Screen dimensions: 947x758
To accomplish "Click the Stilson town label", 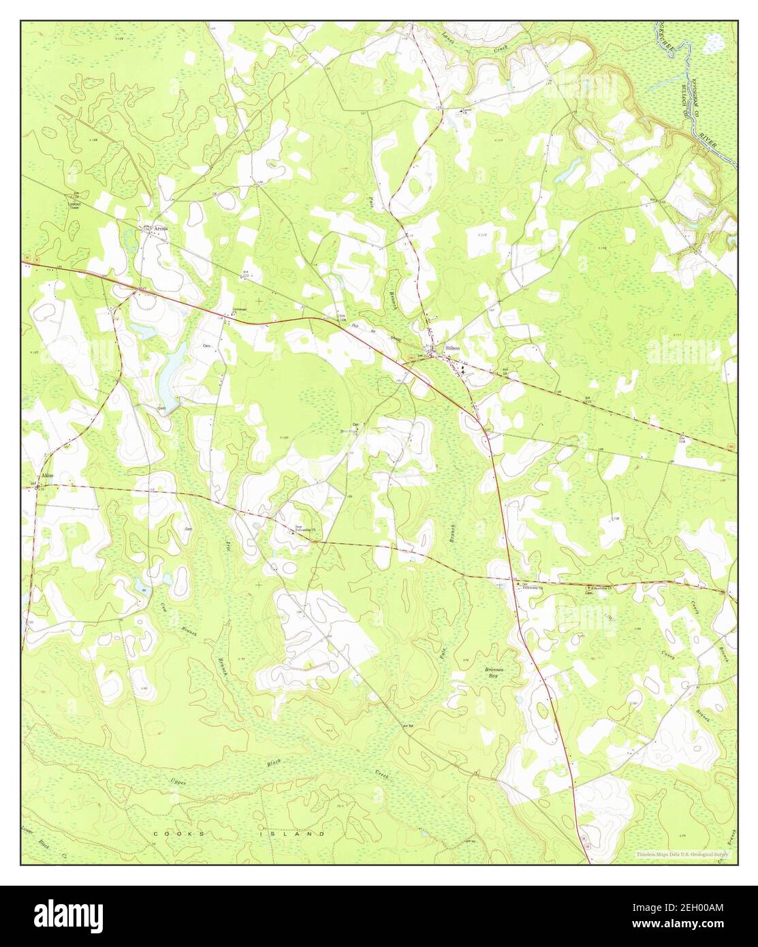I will point(452,347).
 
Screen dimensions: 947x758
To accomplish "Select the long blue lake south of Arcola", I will point(172,369).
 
